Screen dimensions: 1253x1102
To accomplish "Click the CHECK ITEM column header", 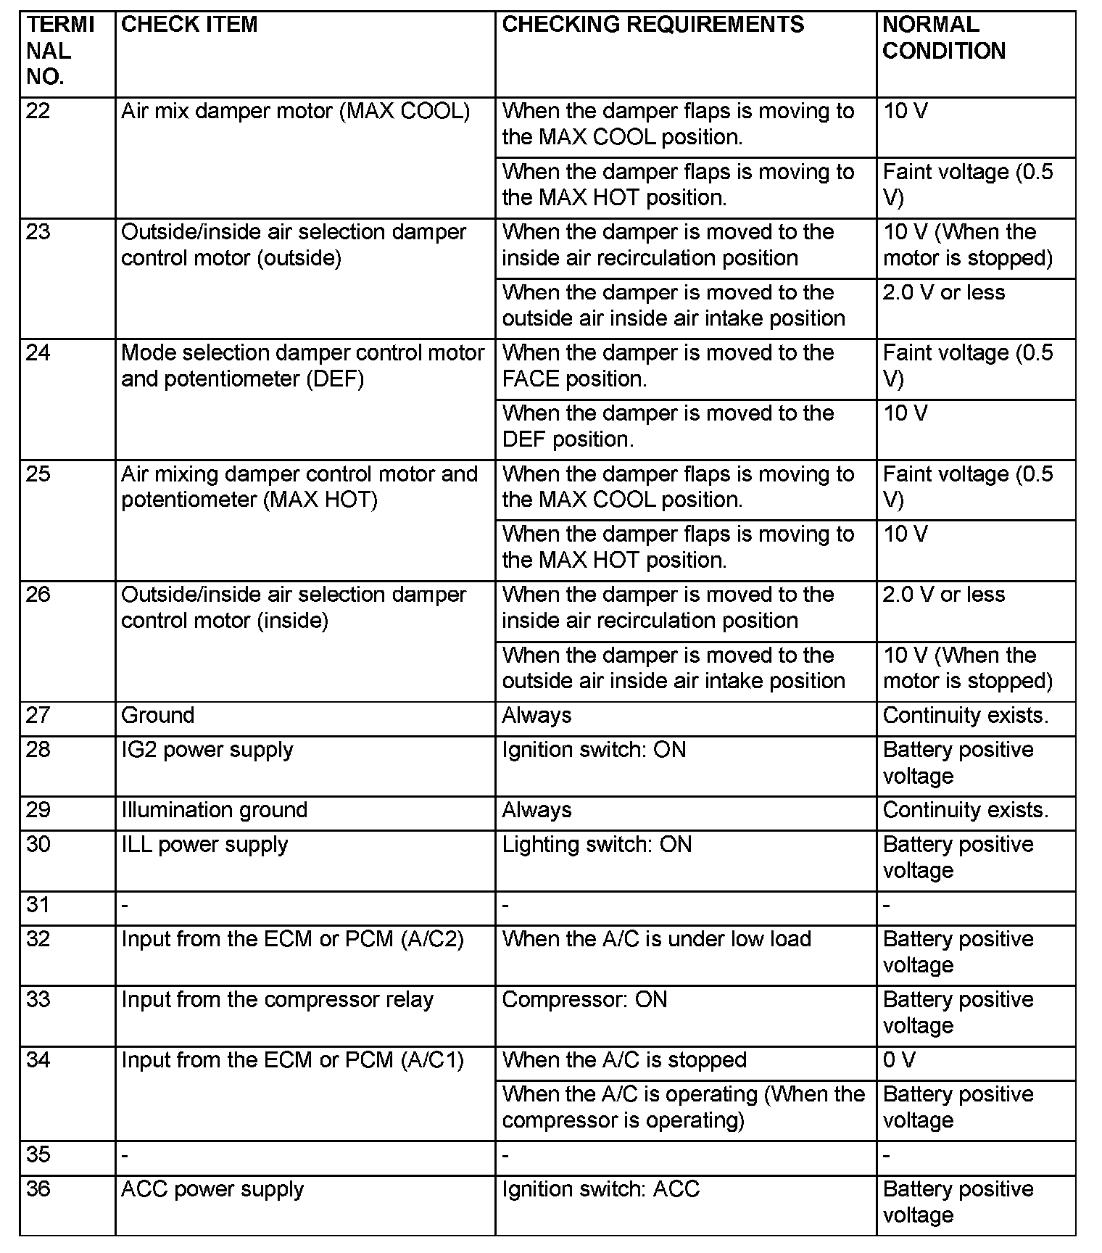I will coord(189,25).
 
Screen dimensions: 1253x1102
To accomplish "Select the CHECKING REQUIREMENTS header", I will coord(652,25).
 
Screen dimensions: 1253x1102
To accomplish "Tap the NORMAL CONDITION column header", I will coord(943,38).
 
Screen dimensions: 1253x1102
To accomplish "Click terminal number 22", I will coord(38,111).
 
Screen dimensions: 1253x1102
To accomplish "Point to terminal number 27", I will coord(38,716).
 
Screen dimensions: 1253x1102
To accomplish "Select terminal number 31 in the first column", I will coord(38,905).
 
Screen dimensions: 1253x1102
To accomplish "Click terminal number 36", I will coord(38,1189).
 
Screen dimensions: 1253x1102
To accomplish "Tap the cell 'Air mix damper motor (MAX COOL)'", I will coord(295,111).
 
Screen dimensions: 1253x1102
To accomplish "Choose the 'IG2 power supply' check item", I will coord(207,750).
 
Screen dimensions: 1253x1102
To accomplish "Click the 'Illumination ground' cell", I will coord(215,810).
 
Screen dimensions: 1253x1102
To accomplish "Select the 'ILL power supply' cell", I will coord(204,845).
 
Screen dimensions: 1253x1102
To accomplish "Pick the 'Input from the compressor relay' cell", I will coord(277,1000).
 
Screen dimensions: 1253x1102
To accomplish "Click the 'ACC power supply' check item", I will coord(212,1189).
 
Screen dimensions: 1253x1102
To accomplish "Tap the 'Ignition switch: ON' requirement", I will coord(594,750).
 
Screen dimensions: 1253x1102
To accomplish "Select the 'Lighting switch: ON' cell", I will coord(597,845).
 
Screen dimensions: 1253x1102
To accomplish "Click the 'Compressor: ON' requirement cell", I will coord(584,1000).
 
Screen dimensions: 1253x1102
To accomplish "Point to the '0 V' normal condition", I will coord(899,1060).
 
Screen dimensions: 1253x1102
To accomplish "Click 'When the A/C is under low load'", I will coord(656,939).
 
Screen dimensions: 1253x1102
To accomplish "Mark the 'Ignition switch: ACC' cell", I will coord(600,1189).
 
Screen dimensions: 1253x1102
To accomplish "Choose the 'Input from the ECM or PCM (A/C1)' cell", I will coord(292,1060).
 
